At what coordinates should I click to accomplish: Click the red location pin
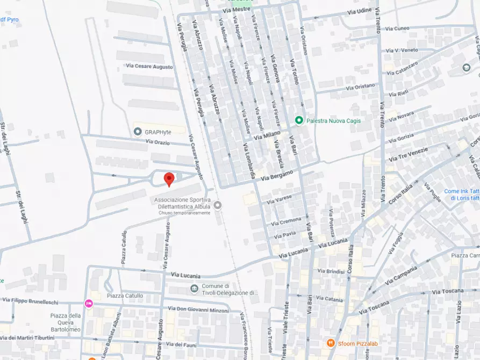click(169, 179)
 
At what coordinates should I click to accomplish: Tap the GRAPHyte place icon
click(138, 131)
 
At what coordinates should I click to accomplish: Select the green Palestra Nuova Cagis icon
click(299, 120)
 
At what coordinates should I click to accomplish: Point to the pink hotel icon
click(89, 304)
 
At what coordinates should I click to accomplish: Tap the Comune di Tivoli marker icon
click(194, 289)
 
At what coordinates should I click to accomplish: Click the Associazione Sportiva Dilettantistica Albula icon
click(217, 205)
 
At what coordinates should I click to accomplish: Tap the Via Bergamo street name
click(277, 175)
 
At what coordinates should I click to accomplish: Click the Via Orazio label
click(157, 142)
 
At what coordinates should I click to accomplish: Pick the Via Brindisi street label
click(331, 271)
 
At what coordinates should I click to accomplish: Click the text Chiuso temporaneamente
click(184, 213)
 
